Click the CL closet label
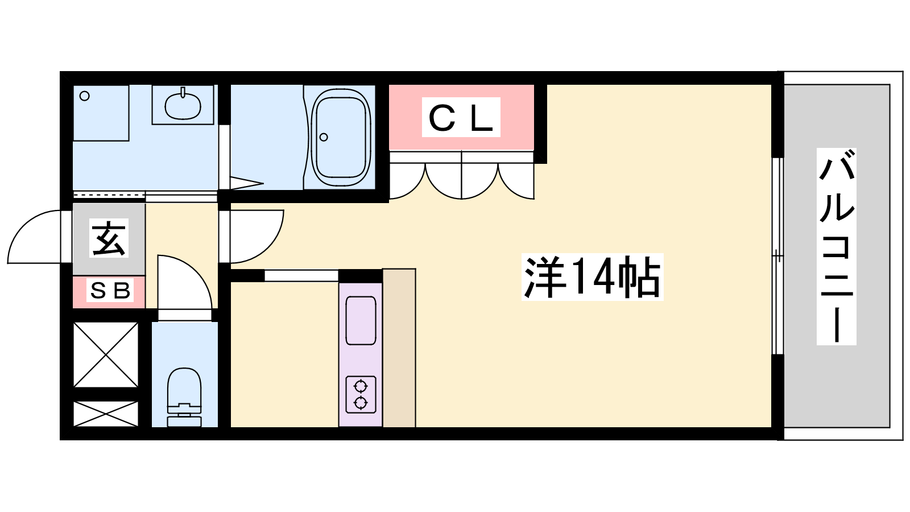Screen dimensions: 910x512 point(461,117)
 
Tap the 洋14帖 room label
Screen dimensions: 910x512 point(592,277)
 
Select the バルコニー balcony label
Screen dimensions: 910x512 point(837,246)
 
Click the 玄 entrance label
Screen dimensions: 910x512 point(109,238)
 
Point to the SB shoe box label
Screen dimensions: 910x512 point(110,290)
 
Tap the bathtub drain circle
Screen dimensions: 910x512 point(324,137)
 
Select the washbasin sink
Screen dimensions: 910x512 point(183,105)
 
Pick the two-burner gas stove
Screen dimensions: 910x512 point(361,395)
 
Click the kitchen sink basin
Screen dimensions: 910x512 point(361,321)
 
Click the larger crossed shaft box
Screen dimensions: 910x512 point(106,354)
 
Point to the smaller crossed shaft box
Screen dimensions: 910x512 point(106,414)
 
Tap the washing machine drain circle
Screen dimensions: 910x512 point(85,96)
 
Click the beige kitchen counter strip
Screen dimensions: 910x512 point(399,348)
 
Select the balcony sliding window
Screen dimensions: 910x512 point(777,256)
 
